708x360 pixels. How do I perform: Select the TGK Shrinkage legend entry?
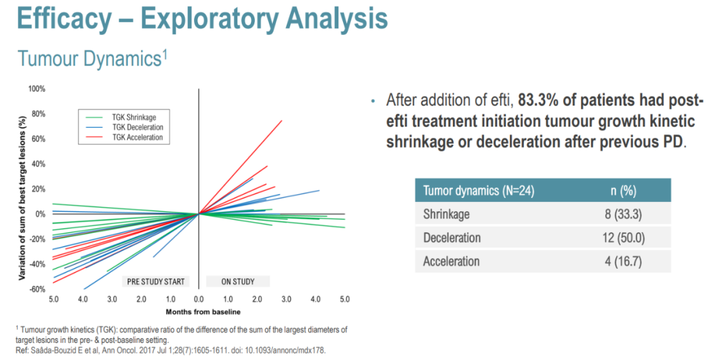click(134, 117)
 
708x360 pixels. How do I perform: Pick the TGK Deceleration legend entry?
click(138, 127)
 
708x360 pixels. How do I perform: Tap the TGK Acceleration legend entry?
click(138, 138)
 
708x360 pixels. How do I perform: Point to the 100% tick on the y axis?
click(36, 89)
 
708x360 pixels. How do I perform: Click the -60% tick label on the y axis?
click(36, 289)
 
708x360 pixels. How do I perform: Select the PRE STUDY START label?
click(155, 282)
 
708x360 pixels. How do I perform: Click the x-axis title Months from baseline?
click(199, 311)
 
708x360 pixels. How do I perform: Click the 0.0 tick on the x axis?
click(199, 300)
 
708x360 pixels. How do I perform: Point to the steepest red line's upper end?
click(282, 121)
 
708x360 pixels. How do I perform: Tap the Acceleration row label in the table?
click(451, 261)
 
